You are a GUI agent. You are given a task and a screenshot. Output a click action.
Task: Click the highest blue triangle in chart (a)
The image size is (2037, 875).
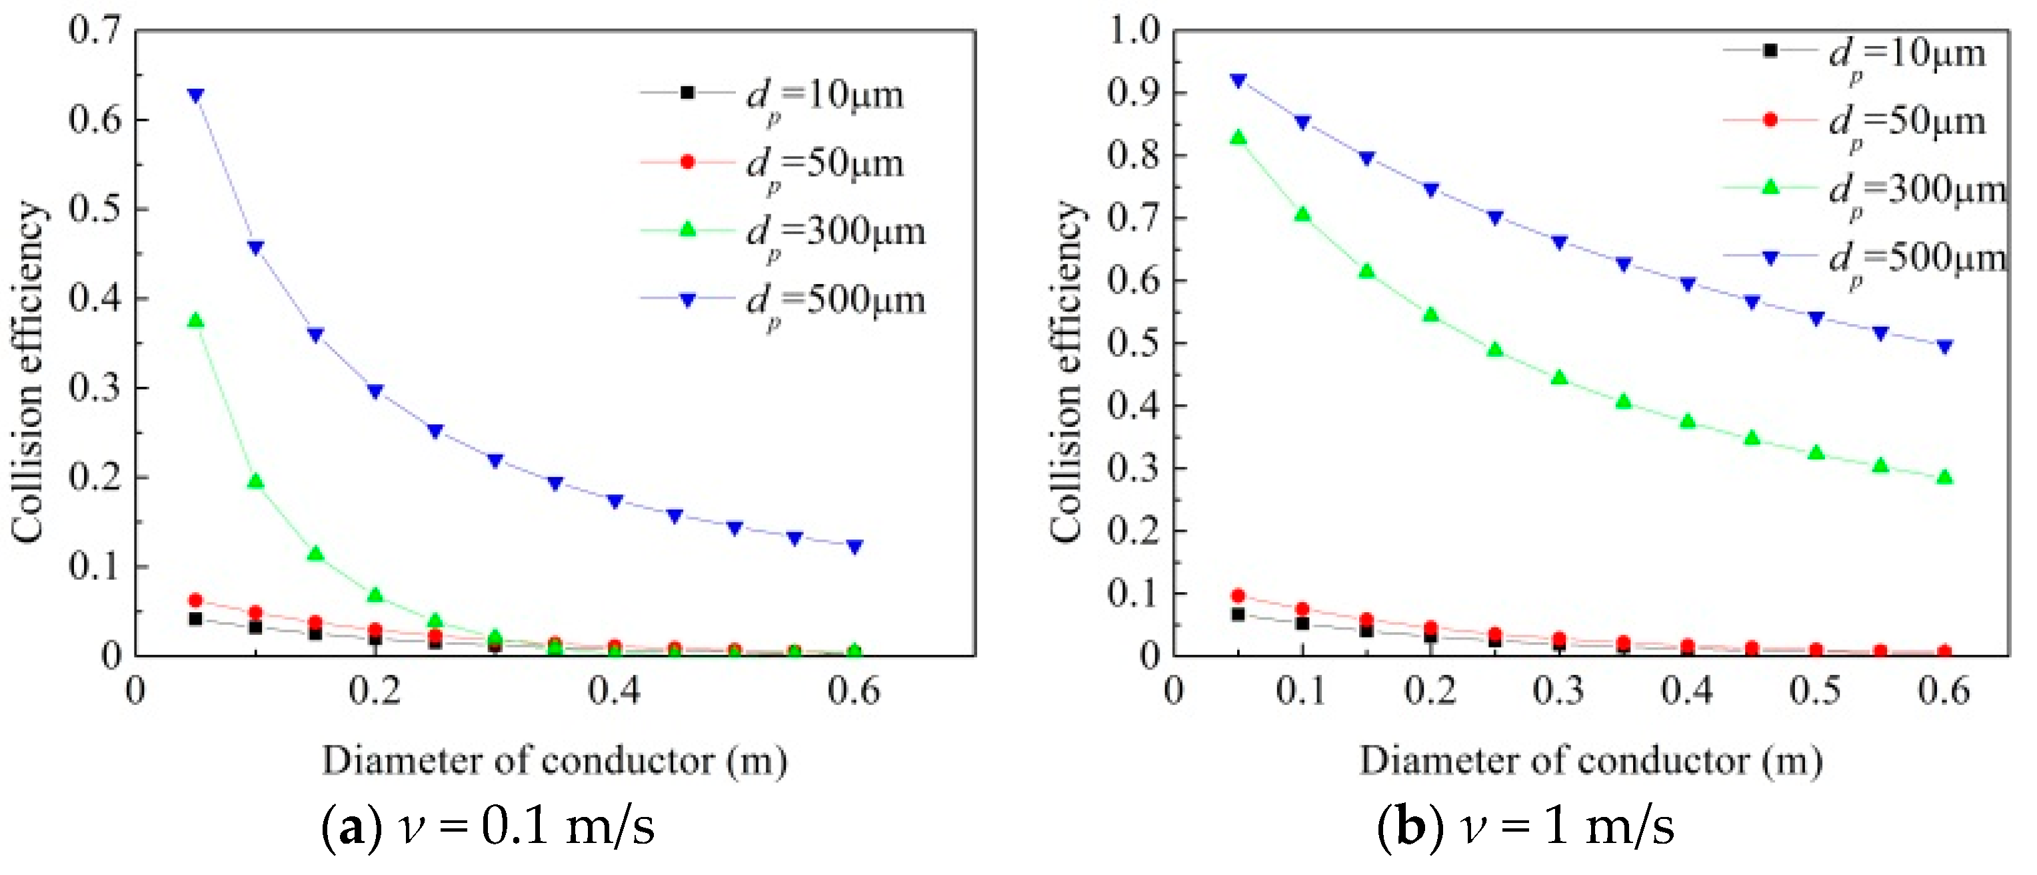[x=195, y=95]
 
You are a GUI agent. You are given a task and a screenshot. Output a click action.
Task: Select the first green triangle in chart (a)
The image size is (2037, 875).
[x=195, y=320]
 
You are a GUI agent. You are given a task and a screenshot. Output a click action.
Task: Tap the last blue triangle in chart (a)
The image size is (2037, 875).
[x=854, y=546]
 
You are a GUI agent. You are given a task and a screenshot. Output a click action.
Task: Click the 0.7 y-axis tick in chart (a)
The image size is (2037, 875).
[x=94, y=30]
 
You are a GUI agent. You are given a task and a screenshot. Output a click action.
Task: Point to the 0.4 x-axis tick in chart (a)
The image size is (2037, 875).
[x=614, y=692]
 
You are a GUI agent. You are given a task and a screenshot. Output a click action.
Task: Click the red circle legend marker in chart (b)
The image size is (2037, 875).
[x=1770, y=120]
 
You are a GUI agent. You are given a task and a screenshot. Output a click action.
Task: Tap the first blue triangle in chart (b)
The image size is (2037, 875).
[x=1238, y=80]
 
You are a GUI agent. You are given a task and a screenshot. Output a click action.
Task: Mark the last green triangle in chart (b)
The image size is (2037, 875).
[x=1944, y=477]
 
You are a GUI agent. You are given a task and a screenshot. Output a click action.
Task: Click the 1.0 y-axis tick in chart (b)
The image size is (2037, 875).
[x=1133, y=30]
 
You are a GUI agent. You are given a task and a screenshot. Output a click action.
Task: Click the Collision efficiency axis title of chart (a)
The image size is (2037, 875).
[x=29, y=372]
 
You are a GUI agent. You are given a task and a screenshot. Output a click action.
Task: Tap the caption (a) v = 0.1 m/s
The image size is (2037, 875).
[x=488, y=828]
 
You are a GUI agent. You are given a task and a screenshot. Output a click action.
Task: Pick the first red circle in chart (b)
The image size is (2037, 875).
[x=1238, y=595]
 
